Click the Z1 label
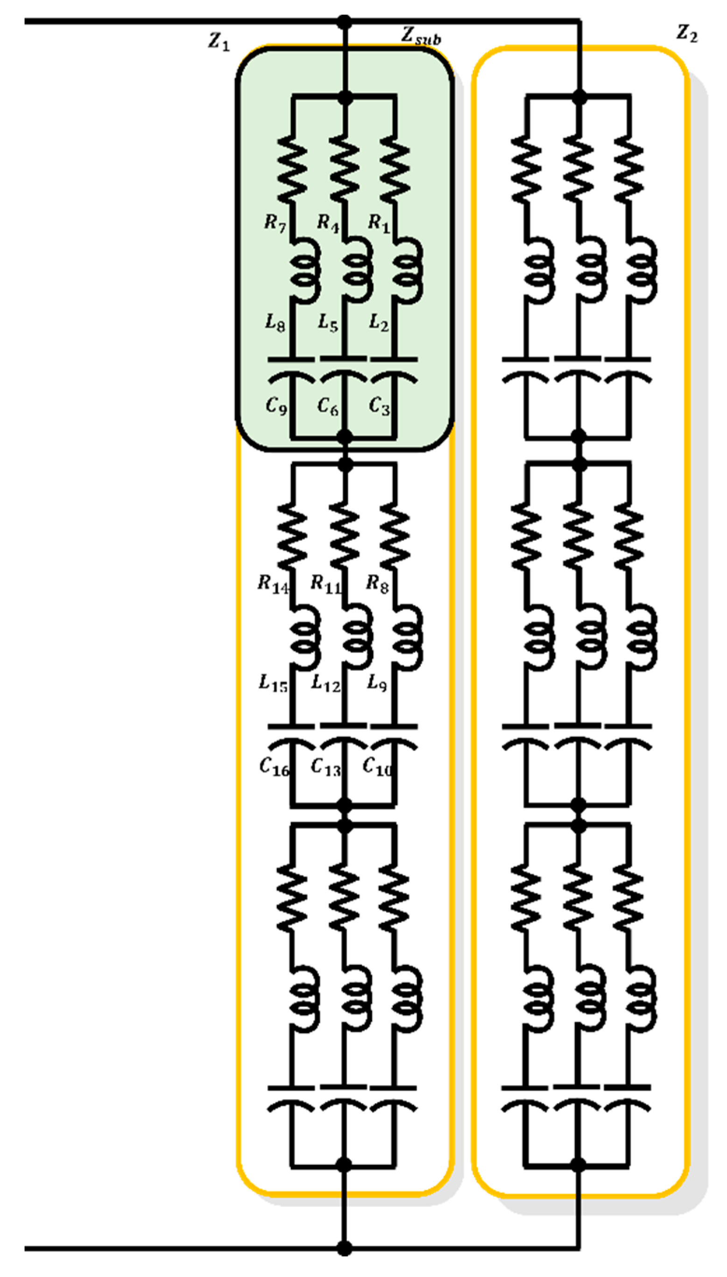[x=219, y=41]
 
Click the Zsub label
[x=421, y=36]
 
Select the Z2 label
[x=686, y=34]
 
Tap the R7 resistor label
[x=275, y=223]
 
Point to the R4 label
[x=328, y=223]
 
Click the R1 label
[x=379, y=223]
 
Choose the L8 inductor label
[x=275, y=323]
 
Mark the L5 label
[x=328, y=323]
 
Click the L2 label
[x=379, y=323]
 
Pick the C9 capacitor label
[x=276, y=405]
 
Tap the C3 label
[x=379, y=405]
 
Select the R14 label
[x=273, y=584]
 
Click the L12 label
[x=325, y=683]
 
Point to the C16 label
[x=274, y=767]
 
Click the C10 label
[x=377, y=767]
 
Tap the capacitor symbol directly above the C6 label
[x=344, y=370]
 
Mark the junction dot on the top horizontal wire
[x=344, y=22]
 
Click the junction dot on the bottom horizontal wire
[x=344, y=1249]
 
